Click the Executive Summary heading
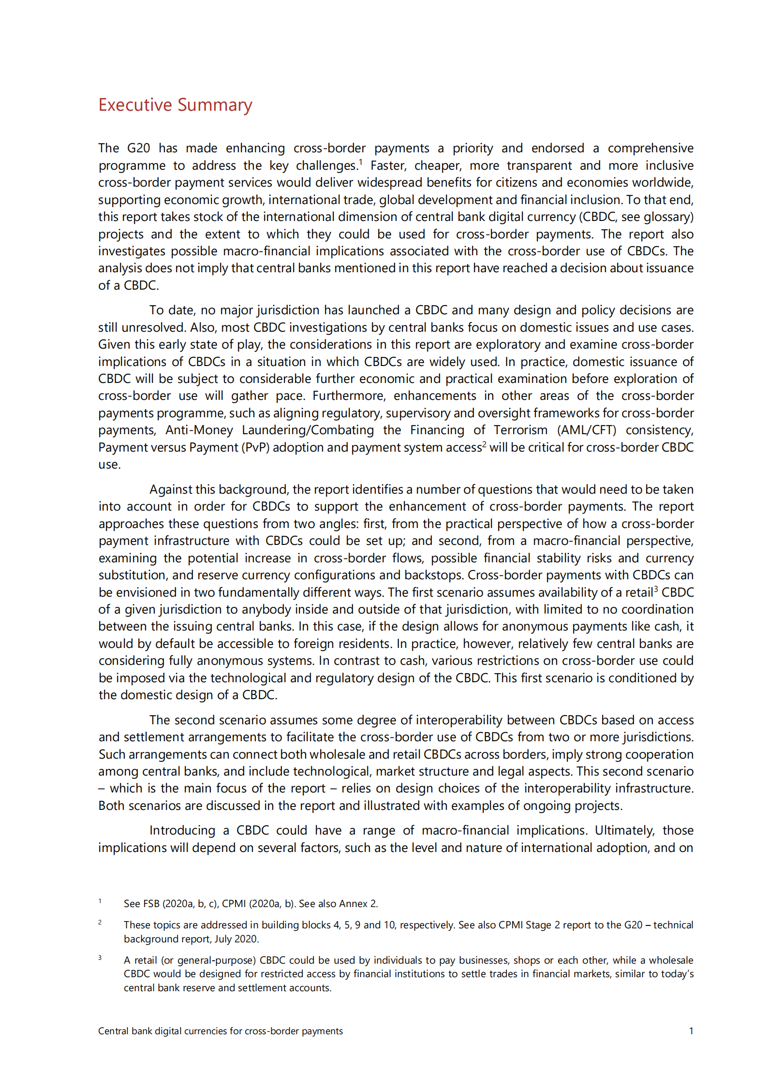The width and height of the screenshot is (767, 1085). coord(175,105)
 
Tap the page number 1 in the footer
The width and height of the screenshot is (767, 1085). coord(691,1031)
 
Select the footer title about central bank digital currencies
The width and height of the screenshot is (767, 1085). coord(221,1031)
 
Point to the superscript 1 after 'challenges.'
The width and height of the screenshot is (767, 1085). coord(361,161)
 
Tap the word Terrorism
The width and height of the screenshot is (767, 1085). coord(520,430)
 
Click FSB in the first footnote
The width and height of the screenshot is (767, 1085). coord(151,904)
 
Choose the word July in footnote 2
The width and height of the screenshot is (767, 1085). coord(223,939)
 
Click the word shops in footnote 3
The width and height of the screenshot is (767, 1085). coord(527,960)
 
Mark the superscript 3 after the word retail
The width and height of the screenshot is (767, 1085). coord(656,589)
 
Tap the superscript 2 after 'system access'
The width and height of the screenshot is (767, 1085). coord(485,444)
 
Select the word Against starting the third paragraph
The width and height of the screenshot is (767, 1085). coord(169,489)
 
